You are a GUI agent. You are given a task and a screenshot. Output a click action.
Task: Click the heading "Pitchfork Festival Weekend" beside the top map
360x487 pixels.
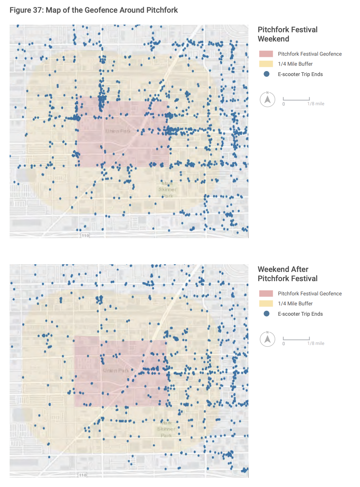coord(287,34)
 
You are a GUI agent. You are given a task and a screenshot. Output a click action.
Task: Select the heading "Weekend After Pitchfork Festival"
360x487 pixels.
coord(287,274)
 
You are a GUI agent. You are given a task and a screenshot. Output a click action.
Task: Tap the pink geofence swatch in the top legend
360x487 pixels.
coord(266,54)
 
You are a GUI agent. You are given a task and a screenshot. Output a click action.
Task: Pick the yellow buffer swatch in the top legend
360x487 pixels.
coord(266,64)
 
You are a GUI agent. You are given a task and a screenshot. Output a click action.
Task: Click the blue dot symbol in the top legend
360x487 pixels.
coord(266,74)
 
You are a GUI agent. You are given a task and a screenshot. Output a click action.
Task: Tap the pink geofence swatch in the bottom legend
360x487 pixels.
coord(266,294)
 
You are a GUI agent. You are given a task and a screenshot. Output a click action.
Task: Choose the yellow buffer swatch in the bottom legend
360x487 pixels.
coord(266,303)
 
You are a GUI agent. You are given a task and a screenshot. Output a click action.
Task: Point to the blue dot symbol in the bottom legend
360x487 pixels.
coord(266,314)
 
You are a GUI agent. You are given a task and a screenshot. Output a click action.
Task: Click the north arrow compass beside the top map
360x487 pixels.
coord(268,100)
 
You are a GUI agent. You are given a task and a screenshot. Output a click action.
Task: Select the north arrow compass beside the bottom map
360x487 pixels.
coord(268,340)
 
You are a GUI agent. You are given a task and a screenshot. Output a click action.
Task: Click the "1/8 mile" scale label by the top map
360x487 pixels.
coord(315,104)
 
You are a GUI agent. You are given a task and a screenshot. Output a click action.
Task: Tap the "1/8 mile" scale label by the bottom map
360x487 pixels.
coord(315,343)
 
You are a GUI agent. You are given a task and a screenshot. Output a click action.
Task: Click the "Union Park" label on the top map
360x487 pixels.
coord(118,131)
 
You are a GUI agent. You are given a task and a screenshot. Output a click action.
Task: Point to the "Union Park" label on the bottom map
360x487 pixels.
coord(116,371)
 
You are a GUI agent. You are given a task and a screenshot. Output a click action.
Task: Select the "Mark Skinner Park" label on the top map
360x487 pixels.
coord(167,190)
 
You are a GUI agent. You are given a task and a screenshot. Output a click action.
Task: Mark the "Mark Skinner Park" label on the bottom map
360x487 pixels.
coord(166,429)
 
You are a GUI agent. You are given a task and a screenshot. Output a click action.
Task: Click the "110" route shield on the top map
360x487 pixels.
coord(85,235)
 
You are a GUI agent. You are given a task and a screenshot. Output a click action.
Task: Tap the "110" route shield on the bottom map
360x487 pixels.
coord(83,475)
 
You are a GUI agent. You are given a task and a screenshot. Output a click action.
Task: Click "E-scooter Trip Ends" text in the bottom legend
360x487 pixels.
coord(300,314)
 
